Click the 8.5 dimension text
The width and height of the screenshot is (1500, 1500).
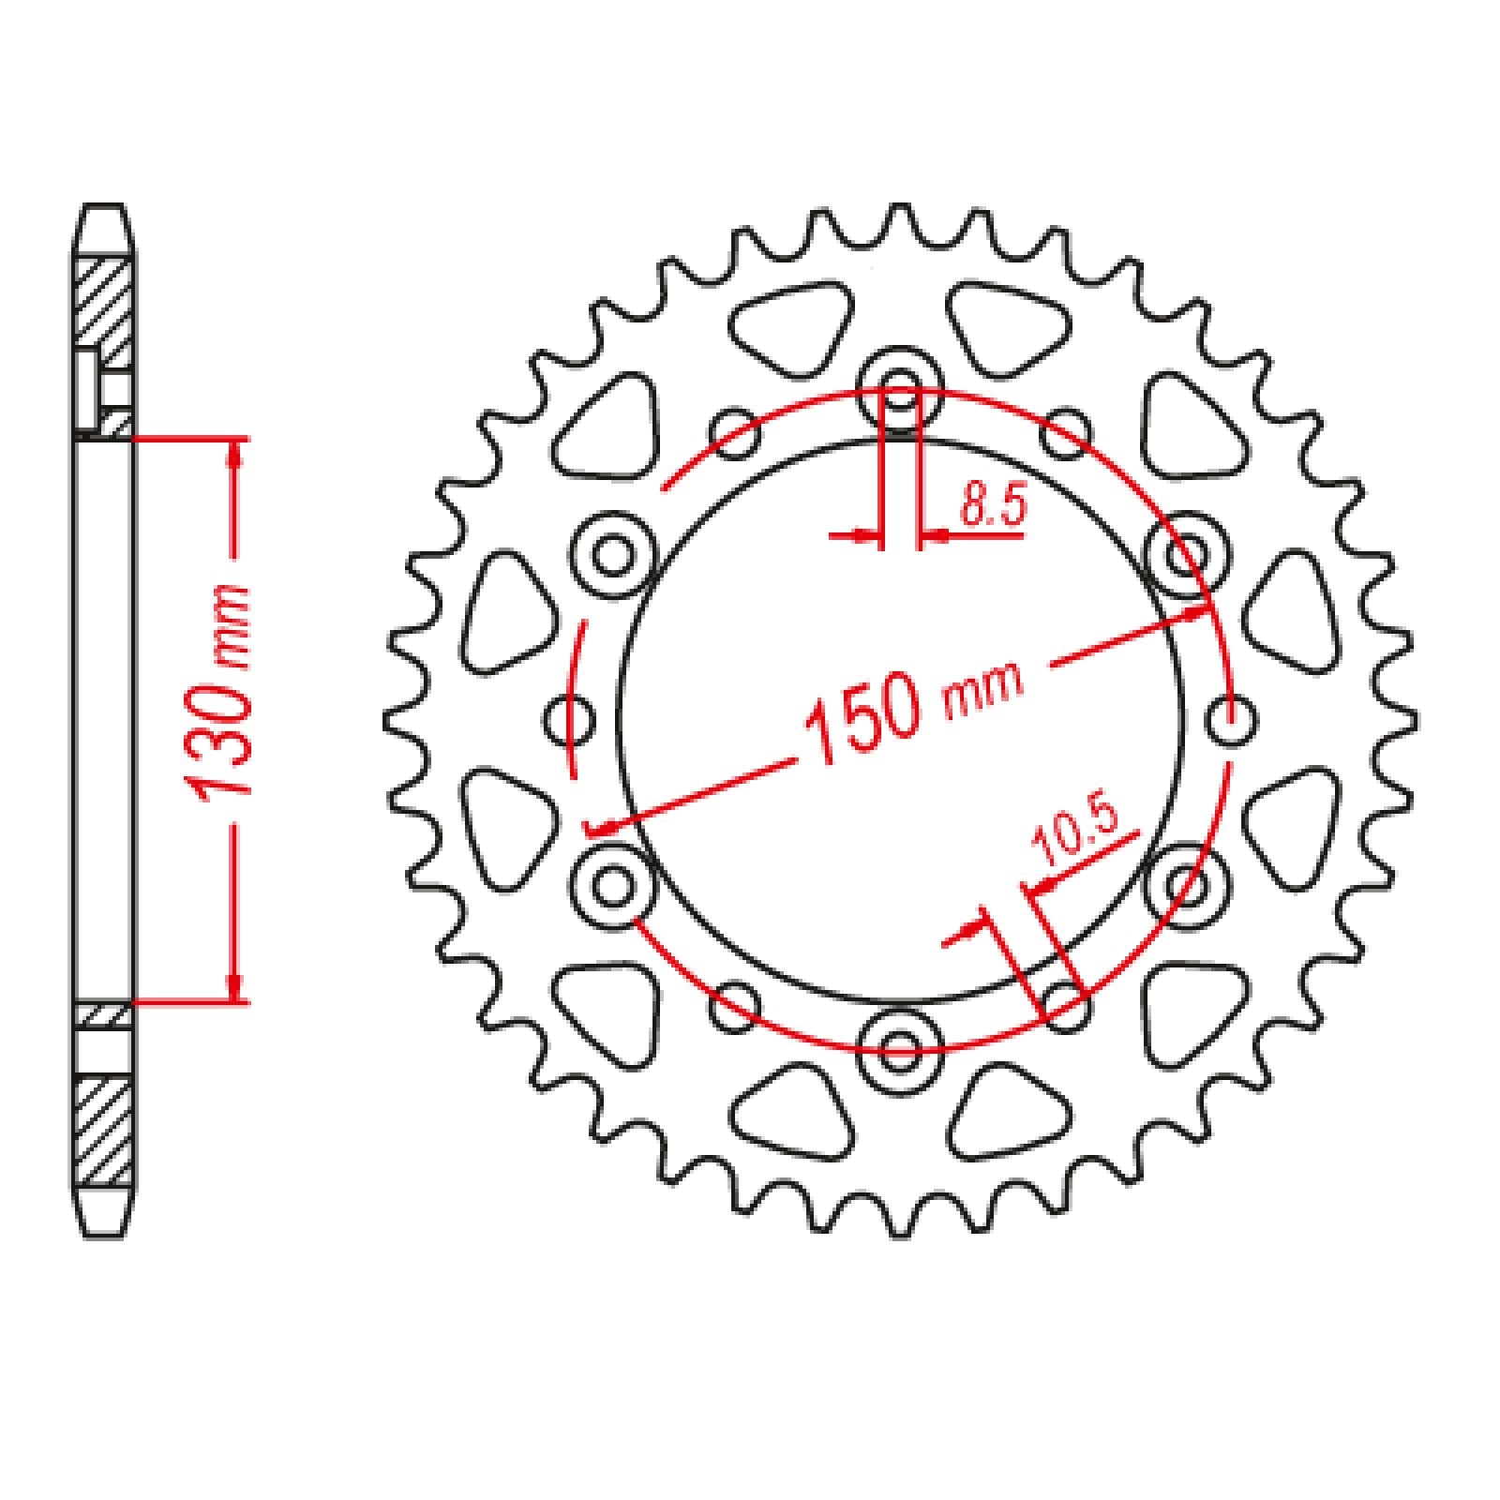click(993, 507)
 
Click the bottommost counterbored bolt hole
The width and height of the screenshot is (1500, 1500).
click(900, 1046)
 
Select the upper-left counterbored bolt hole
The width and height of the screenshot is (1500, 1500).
click(613, 555)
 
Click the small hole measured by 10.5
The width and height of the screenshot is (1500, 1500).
click(1065, 1005)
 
